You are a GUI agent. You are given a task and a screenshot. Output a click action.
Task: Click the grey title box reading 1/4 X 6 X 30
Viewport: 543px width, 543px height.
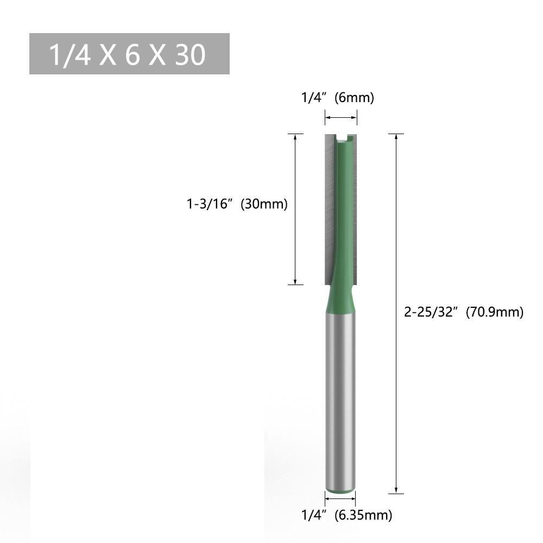click(x=129, y=54)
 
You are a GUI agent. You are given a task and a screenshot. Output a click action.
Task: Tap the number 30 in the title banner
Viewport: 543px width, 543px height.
click(x=190, y=55)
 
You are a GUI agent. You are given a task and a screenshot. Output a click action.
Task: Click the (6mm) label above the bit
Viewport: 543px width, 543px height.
click(x=355, y=98)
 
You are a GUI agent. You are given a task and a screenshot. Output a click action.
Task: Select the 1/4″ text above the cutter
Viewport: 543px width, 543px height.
click(x=313, y=98)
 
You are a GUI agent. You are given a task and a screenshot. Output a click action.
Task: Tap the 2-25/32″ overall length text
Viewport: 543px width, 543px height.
click(x=432, y=312)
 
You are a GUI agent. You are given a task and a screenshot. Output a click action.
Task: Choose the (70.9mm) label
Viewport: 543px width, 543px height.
click(x=495, y=312)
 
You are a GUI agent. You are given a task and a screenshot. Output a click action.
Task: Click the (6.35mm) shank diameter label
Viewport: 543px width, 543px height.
click(x=363, y=514)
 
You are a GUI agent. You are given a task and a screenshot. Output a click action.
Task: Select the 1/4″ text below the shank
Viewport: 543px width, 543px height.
click(x=313, y=514)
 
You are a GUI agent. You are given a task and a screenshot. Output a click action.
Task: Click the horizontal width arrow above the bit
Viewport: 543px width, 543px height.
click(x=341, y=117)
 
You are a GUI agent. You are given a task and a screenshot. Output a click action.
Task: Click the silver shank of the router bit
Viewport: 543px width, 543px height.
click(x=341, y=402)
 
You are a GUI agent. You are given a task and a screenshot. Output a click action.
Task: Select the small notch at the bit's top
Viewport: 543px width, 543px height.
click(x=342, y=139)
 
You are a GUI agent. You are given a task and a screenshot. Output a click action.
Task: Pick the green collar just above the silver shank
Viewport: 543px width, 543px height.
click(x=341, y=301)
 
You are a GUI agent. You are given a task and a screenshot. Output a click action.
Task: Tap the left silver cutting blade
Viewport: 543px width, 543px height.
click(x=329, y=206)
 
